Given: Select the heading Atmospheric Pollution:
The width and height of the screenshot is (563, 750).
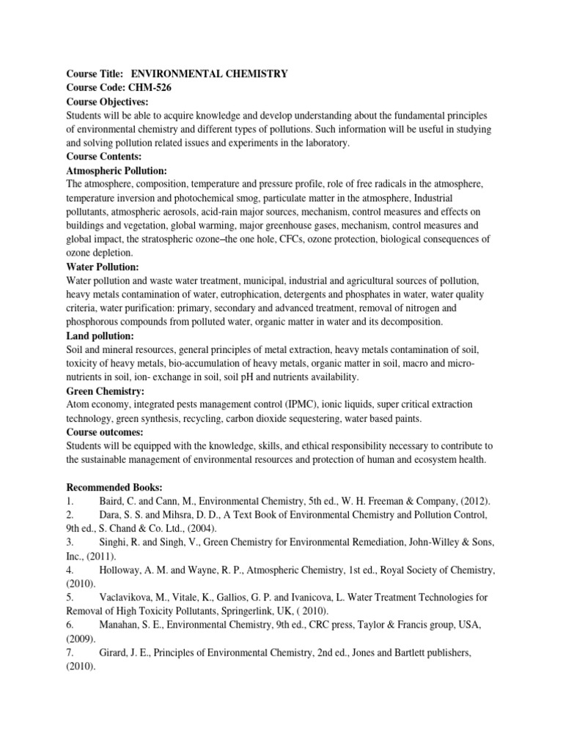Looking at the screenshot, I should tap(117, 171).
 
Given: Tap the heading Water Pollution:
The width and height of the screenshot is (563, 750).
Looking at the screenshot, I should tap(103, 267).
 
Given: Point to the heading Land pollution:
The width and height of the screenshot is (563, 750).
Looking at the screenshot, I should tap(100, 335).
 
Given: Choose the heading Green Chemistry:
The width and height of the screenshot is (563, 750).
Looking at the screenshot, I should tap(106, 391).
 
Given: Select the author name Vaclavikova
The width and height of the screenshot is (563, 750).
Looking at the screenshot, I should tap(125, 598).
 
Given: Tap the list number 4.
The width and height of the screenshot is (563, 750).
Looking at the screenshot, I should tap(70, 570).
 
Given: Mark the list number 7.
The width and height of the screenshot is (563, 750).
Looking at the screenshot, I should tap(70, 653).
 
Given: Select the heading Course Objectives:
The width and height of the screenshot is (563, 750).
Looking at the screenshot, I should tap(107, 101).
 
